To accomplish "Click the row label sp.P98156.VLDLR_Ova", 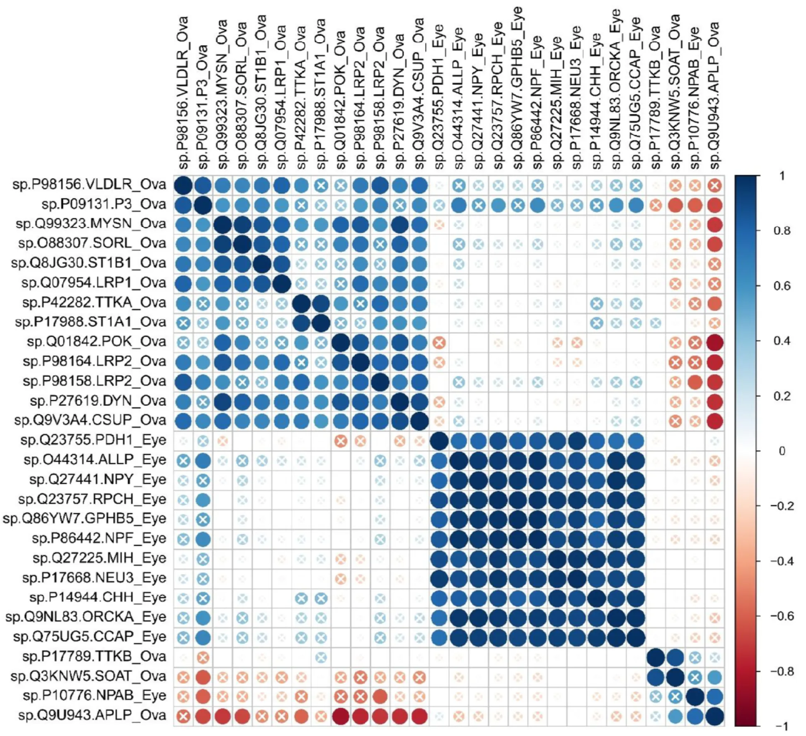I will [89, 184].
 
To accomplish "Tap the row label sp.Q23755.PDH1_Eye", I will [93, 440].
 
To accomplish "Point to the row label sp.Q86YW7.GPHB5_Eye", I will [85, 519].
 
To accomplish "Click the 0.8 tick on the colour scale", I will [782, 231].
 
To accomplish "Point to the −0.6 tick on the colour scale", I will [782, 616].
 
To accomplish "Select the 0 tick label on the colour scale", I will [782, 451].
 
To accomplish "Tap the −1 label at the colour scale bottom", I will [782, 726].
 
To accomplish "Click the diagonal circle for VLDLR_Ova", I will [183, 185].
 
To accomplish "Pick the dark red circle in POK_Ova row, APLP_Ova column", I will [715, 343].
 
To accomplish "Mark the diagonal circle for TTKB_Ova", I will [656, 657].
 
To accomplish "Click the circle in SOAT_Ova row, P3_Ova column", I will [203, 677].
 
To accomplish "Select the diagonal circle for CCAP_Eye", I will [636, 638].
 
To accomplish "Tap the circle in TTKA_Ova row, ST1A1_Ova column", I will [321, 303].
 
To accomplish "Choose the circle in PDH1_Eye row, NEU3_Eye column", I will [576, 441].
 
